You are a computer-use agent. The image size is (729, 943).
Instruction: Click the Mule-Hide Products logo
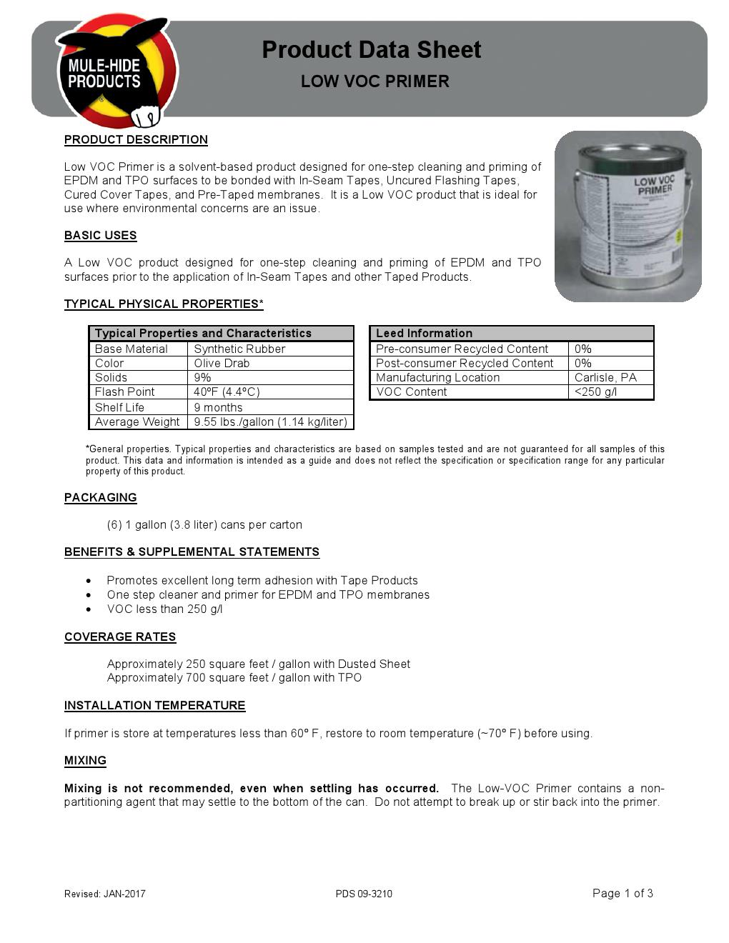tap(114, 71)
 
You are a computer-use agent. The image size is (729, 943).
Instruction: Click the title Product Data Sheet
tap(371, 50)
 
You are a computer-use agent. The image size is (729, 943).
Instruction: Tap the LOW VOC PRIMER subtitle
tap(375, 81)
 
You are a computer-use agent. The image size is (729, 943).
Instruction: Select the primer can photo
tap(628, 216)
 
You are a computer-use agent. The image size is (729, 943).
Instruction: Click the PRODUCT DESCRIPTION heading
tap(136, 140)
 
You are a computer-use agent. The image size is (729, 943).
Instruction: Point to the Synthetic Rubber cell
tap(239, 349)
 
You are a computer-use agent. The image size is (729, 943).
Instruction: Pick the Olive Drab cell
tap(222, 364)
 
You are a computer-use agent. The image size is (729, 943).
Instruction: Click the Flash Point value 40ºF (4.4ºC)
tap(227, 392)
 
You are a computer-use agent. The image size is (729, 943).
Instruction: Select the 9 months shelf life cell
tap(218, 408)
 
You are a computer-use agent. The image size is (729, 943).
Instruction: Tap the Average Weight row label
tap(137, 422)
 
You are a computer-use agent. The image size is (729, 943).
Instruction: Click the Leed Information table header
tap(424, 334)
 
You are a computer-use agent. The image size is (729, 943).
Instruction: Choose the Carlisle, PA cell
tap(605, 378)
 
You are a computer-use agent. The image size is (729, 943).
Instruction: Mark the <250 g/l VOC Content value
tap(595, 392)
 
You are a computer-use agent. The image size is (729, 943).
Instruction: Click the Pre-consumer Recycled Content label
tap(462, 349)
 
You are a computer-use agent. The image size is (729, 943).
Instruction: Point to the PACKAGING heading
tap(100, 498)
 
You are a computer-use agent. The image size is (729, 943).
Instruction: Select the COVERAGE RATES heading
tap(120, 637)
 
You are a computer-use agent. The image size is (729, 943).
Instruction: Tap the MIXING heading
tap(85, 761)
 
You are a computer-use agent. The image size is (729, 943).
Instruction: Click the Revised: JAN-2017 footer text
tap(104, 894)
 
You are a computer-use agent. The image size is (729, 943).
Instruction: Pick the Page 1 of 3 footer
tap(623, 893)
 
